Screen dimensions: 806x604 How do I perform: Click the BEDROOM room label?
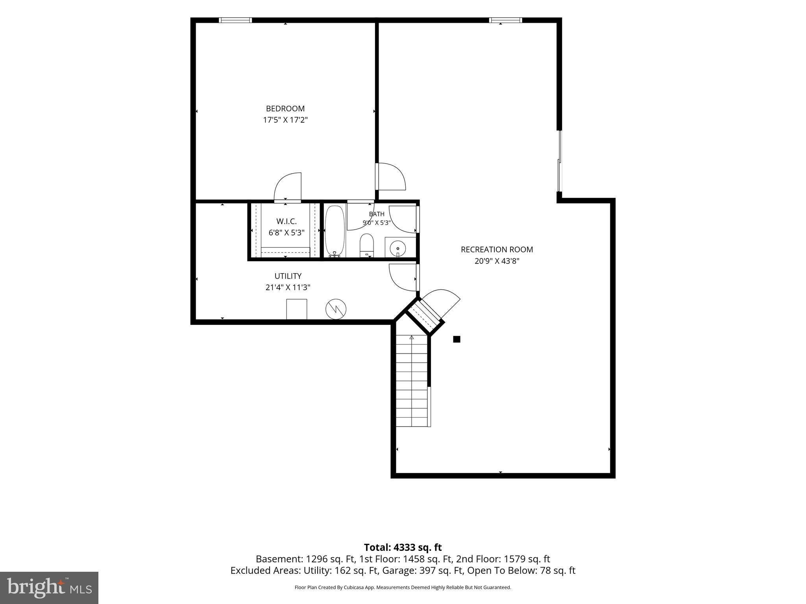(285, 109)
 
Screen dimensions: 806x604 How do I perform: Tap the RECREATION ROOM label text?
(497, 249)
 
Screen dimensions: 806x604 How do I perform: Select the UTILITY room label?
(288, 276)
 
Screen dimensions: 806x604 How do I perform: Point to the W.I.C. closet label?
(287, 221)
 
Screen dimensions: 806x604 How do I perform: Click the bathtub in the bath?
(335, 231)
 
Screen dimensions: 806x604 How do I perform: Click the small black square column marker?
(457, 339)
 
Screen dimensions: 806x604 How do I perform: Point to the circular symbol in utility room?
(336, 309)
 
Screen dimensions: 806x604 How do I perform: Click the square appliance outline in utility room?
(297, 309)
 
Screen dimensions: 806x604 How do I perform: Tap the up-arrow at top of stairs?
(412, 337)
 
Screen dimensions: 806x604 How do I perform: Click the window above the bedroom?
(235, 20)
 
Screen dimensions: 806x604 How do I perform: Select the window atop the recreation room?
(506, 20)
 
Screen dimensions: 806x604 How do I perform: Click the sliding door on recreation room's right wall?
(559, 161)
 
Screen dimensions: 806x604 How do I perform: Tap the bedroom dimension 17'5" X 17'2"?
(285, 120)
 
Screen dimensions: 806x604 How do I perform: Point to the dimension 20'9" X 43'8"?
(497, 261)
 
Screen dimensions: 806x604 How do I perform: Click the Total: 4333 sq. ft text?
(403, 547)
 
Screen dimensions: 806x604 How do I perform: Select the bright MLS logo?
(49, 587)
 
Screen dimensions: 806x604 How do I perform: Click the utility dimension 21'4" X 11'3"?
(288, 287)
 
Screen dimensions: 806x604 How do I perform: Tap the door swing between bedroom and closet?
(288, 187)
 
